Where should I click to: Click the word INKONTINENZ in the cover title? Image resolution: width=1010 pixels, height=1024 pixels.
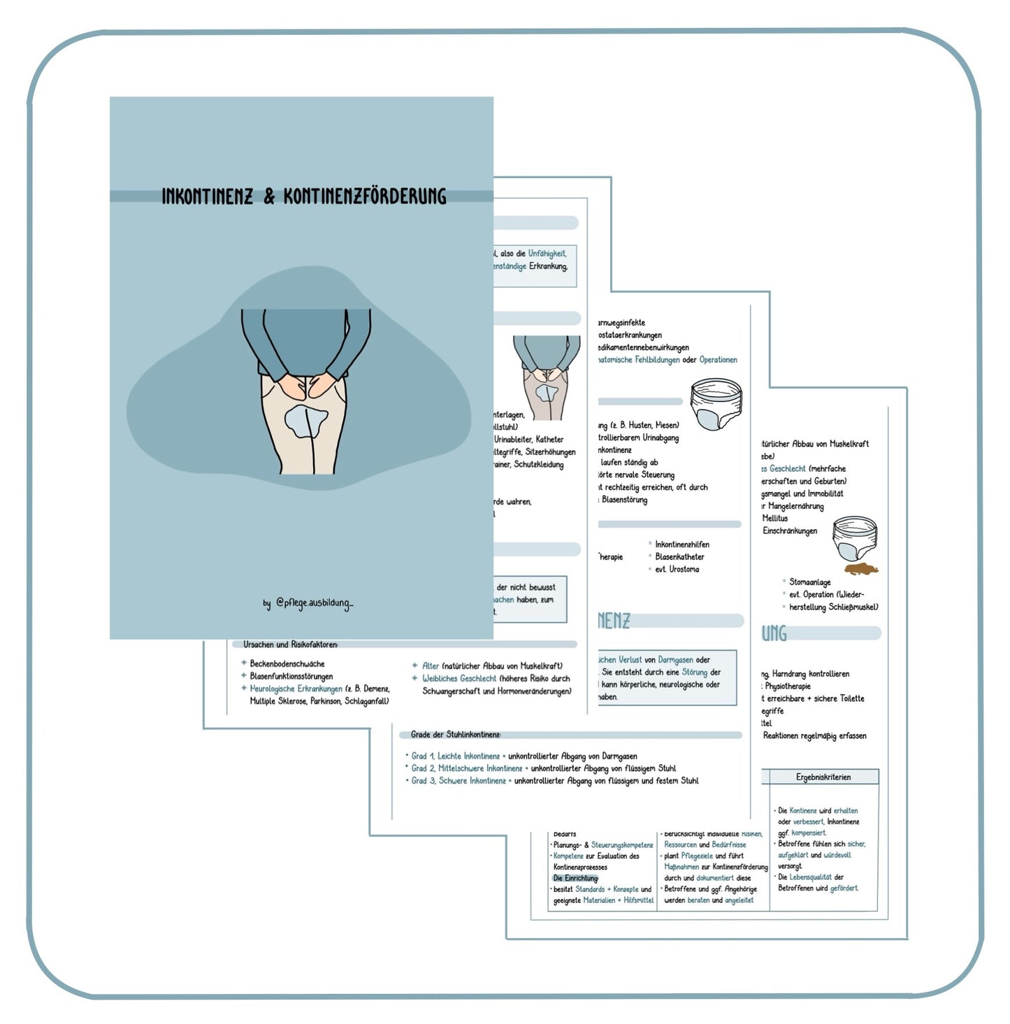pos(208,196)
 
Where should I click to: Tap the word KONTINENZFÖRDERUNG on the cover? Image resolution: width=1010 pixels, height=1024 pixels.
pos(364,196)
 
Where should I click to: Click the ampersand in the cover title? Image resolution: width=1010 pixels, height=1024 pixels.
pos(269,197)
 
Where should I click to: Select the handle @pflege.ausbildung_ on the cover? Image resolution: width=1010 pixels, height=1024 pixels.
pos(314,603)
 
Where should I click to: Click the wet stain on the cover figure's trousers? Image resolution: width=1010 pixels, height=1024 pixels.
pos(305,421)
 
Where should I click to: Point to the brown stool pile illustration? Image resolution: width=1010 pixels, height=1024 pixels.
pos(861,569)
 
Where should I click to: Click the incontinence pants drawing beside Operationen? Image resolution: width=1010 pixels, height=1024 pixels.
pos(716,404)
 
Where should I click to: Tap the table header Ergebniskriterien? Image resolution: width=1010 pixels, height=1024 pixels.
pos(823,777)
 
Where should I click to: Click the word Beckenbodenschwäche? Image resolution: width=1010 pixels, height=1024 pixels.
pos(287,663)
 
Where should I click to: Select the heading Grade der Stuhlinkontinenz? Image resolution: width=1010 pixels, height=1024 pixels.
pos(455,735)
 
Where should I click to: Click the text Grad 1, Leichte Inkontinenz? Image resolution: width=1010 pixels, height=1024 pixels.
pos(456,756)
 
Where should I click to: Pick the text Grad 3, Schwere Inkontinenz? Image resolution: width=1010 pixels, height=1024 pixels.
pos(459,781)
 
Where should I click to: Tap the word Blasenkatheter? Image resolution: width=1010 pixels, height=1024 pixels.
pos(679,556)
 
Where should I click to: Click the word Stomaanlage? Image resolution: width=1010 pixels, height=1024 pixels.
pos(810,582)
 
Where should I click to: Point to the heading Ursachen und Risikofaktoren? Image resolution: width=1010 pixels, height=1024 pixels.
pos(290,644)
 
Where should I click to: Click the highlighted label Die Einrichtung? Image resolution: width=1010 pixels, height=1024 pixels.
pos(576,878)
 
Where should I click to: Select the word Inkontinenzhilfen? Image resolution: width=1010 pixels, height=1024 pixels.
pos(682,544)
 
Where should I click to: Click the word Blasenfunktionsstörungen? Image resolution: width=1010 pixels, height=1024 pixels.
pos(291,676)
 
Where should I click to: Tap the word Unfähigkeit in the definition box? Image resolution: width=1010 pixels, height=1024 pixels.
pos(547,254)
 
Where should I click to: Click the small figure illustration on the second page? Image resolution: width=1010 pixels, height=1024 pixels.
pos(547,377)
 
